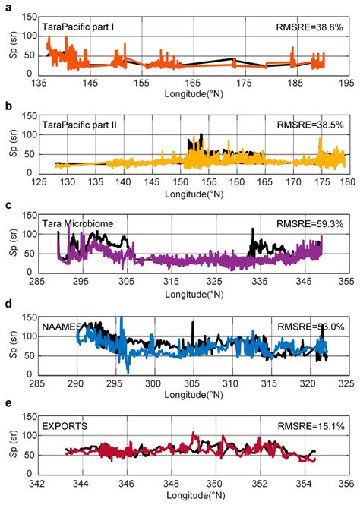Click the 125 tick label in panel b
coord(39,182)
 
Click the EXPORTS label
coord(64,425)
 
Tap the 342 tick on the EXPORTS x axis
coord(39,482)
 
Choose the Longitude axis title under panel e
coord(192,494)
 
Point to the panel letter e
coord(7,406)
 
